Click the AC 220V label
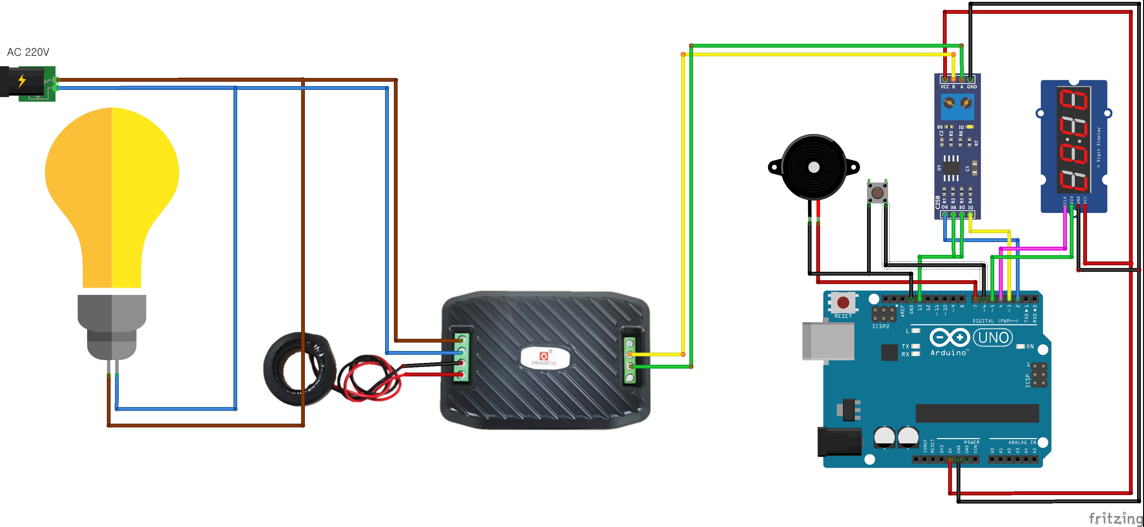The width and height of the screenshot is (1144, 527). click(x=28, y=52)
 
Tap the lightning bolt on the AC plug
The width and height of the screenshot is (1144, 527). click(x=22, y=81)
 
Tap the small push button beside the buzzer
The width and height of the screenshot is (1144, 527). click(x=877, y=193)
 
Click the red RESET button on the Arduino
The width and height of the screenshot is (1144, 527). click(x=843, y=303)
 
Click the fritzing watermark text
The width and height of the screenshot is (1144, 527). click(x=1115, y=518)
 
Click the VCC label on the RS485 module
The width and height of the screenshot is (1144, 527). click(x=945, y=87)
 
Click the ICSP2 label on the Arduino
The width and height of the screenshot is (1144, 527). click(x=880, y=326)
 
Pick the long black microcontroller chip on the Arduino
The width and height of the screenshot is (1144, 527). click(x=977, y=413)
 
